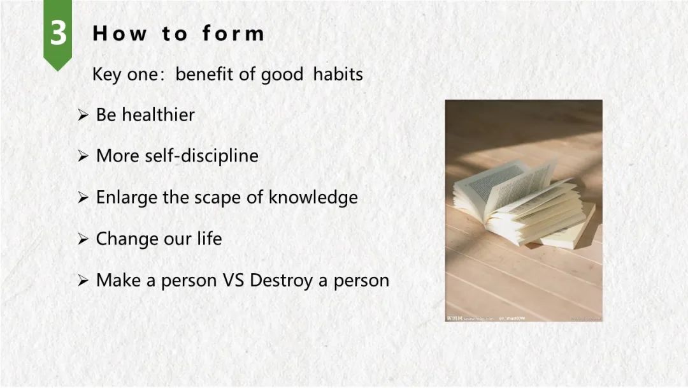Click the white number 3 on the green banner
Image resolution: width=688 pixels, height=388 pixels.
click(x=58, y=33)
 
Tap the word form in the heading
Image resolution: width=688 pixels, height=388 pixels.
click(x=233, y=33)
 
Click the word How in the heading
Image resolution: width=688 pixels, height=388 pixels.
click(x=119, y=33)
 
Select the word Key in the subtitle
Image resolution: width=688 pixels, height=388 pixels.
click(x=106, y=74)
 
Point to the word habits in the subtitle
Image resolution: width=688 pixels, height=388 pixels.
click(x=338, y=74)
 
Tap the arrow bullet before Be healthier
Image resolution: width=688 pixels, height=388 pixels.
click(x=83, y=115)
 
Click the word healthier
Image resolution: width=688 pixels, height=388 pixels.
click(x=159, y=115)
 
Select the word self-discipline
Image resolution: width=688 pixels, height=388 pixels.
click(x=202, y=156)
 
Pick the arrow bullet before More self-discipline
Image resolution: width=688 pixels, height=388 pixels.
click(x=83, y=156)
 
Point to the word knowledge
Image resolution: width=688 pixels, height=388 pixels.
click(x=313, y=197)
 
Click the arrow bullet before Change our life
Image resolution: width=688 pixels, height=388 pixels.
click(x=83, y=239)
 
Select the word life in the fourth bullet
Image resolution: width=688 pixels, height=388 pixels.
click(x=210, y=239)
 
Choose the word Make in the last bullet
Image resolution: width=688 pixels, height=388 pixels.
click(x=119, y=280)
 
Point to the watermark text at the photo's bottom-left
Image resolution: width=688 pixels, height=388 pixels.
click(x=485, y=318)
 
